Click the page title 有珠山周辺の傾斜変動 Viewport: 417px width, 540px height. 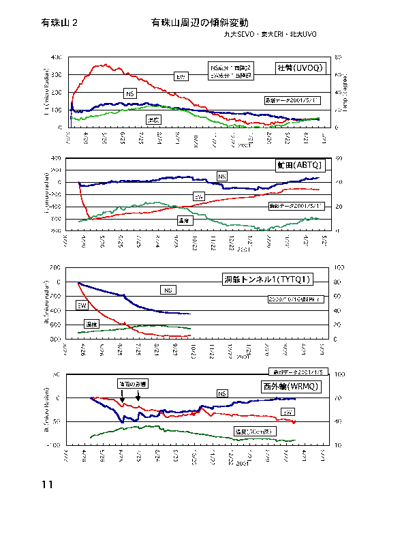200,22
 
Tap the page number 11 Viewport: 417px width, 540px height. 47,485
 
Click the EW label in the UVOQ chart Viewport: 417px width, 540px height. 181,76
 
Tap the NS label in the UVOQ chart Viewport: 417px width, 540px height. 130,93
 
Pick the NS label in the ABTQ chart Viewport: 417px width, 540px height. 222,177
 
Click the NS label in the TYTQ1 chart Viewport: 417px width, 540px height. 168,290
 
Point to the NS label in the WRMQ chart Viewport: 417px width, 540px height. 221,393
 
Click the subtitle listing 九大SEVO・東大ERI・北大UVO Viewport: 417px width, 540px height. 270,34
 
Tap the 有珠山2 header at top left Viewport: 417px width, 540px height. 59,22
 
